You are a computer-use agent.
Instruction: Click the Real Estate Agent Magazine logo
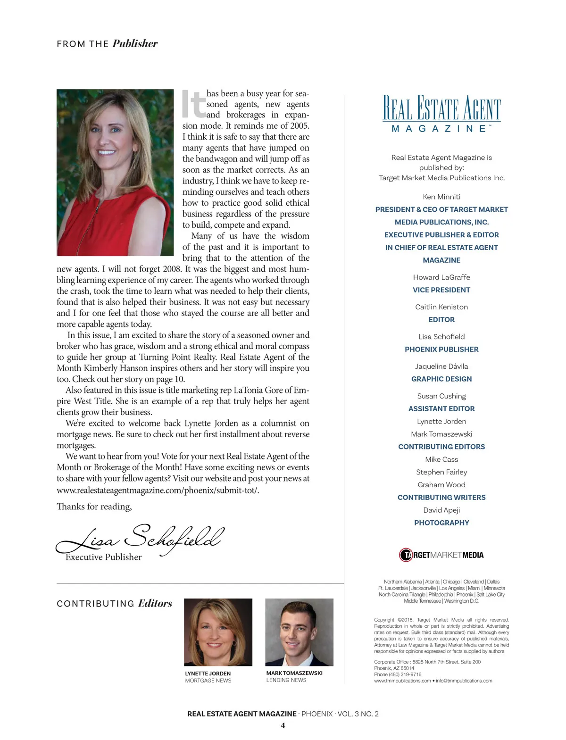441,114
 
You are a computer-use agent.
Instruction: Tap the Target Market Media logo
441,555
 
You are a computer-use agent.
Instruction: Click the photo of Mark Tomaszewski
300,632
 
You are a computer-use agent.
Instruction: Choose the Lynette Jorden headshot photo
218,632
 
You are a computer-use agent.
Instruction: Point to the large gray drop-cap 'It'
194,104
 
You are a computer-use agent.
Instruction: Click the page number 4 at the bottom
283,725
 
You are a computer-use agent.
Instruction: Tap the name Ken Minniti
441,197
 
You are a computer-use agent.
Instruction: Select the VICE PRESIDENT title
441,290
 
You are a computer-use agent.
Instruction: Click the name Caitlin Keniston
441,307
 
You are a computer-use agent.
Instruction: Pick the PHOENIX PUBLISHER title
441,349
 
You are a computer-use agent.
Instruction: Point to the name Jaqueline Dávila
441,366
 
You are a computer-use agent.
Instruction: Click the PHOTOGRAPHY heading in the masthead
441,523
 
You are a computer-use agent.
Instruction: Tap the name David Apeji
441,510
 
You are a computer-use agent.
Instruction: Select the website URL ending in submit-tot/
158,490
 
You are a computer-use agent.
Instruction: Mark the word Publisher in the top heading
135,44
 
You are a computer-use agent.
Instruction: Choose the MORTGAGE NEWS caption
208,681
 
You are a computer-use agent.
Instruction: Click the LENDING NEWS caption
286,680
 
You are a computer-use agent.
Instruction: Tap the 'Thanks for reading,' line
94,507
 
